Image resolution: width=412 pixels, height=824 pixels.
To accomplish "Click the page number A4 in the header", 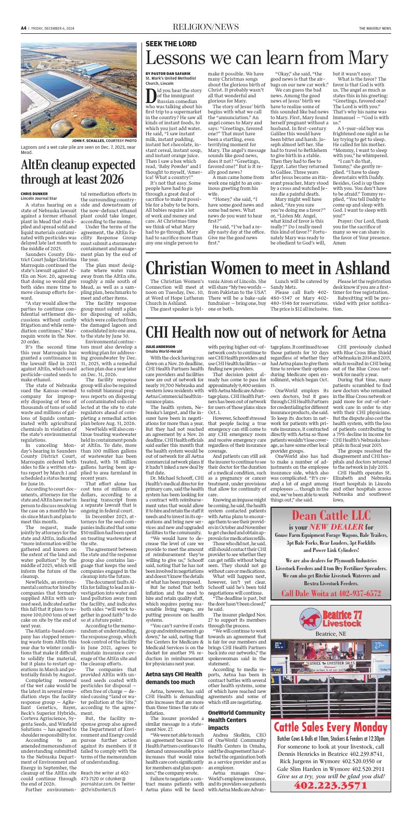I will (x=23, y=28).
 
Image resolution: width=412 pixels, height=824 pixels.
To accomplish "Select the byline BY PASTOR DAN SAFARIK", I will (x=168, y=74).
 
